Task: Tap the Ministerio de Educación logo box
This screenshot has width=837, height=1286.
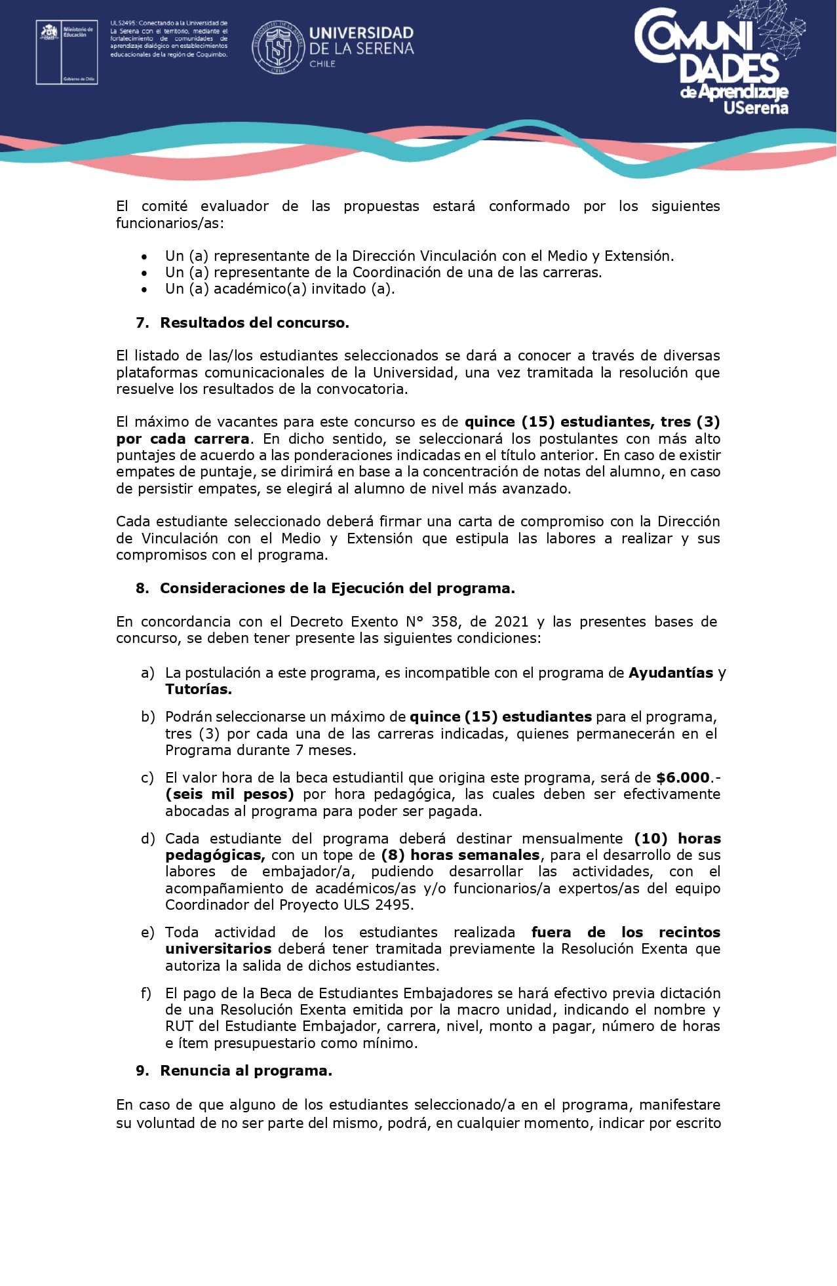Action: coord(66,52)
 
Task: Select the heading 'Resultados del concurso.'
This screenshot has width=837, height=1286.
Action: coord(254,322)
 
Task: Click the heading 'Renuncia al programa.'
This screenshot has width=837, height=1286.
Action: coord(246,1070)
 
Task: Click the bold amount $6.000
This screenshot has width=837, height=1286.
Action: coord(682,777)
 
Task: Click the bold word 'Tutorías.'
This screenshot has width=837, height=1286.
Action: coord(198,689)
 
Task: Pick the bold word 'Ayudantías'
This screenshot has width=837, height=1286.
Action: coord(671,672)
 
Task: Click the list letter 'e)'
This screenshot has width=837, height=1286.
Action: coord(147,932)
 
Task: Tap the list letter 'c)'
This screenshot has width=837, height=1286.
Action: coord(147,777)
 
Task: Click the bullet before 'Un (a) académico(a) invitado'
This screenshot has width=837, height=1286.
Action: coord(144,289)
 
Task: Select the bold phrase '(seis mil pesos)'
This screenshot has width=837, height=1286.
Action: coord(229,794)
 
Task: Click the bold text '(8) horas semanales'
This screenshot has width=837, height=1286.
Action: coord(460,855)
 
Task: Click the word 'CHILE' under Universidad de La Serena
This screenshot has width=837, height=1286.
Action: coord(322,64)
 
